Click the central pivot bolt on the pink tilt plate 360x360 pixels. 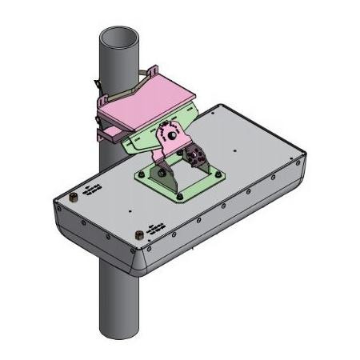[170, 134]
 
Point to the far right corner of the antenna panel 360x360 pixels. [302, 159]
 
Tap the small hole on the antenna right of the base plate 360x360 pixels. [233, 150]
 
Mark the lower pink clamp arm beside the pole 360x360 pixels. [108, 128]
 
